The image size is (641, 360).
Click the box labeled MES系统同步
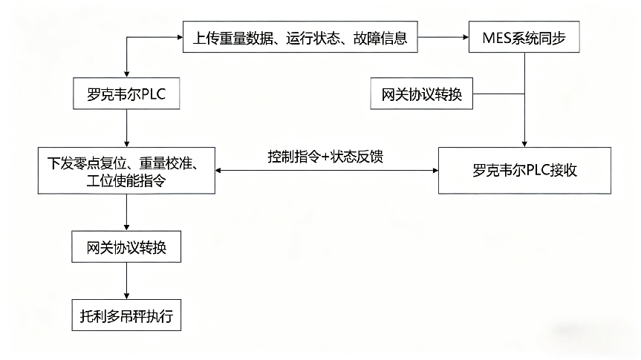click(x=525, y=39)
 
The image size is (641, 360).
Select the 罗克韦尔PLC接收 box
click(x=525, y=170)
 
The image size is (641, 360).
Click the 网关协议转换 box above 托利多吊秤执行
click(x=126, y=246)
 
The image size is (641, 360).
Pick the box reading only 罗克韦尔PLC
click(x=126, y=94)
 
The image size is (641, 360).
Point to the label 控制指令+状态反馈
click(x=326, y=157)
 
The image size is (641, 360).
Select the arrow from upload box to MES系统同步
click(x=443, y=39)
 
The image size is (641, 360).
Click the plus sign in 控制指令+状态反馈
click(x=321, y=157)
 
